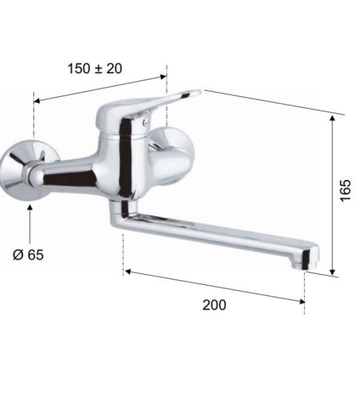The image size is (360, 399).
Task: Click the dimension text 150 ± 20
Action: (95, 69)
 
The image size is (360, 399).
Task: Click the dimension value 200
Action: (214, 304)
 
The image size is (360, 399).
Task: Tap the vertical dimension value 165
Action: (345, 191)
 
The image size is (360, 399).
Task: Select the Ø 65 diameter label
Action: (28, 255)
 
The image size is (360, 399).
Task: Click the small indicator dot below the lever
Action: (145, 122)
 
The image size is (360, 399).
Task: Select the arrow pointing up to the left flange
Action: (30, 224)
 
